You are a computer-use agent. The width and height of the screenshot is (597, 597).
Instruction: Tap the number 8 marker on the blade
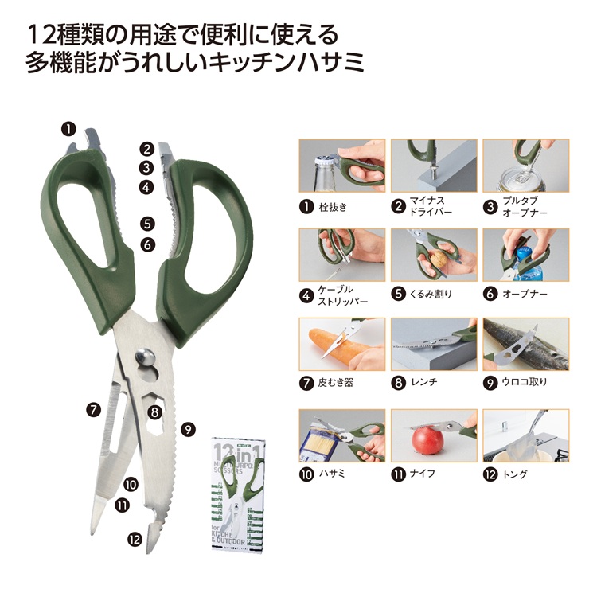pyautogui.click(x=154, y=412)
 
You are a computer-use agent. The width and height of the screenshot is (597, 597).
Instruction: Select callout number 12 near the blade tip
pyautogui.click(x=134, y=539)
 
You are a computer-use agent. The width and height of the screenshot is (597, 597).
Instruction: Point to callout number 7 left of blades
pyautogui.click(x=93, y=410)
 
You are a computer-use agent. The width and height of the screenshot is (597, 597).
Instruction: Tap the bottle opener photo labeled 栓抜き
pyautogui.click(x=341, y=166)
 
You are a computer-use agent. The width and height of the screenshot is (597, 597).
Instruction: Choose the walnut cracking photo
pyautogui.click(x=435, y=255)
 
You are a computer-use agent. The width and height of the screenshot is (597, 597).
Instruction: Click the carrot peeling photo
pyautogui.click(x=341, y=344)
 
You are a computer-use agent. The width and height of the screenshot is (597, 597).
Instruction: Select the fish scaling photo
pyautogui.click(x=525, y=344)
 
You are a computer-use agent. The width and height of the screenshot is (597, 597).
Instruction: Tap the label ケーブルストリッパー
pyautogui.click(x=344, y=295)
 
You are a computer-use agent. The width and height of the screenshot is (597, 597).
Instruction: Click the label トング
pyautogui.click(x=516, y=474)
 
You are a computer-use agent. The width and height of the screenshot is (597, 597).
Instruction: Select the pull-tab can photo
pyautogui.click(x=525, y=166)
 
